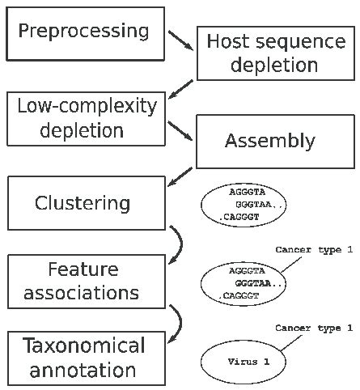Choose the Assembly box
point(269,142)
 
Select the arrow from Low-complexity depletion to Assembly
point(181,132)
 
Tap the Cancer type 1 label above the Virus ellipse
point(313,328)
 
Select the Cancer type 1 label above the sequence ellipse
point(313,250)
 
